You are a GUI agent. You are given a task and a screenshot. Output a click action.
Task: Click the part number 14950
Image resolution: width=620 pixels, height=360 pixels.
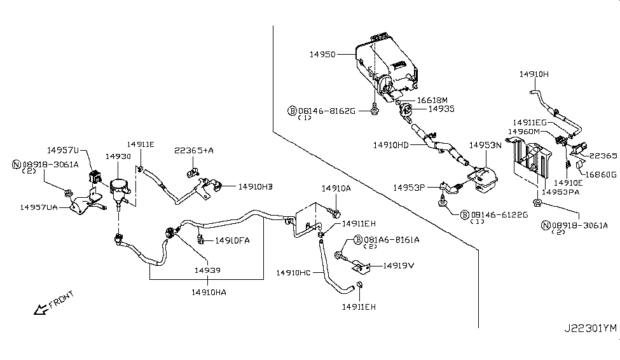coord(322,55)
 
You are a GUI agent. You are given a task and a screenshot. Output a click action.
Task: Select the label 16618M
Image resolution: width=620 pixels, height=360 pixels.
coord(432,100)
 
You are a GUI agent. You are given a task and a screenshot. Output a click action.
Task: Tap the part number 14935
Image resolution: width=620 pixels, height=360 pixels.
coord(441,109)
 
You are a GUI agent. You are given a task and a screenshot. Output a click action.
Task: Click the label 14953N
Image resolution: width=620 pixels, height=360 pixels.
coord(485,145)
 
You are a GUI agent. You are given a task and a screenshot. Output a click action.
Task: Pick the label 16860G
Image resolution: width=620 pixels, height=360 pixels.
coord(600,174)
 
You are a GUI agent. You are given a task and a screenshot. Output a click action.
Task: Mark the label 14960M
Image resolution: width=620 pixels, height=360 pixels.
coord(524,131)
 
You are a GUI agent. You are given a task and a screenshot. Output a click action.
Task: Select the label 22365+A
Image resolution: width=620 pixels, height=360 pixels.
coord(194,150)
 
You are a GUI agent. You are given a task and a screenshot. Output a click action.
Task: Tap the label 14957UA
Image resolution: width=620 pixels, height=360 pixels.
coord(39,207)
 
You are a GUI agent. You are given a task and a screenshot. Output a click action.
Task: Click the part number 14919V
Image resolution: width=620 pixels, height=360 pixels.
coord(399,265)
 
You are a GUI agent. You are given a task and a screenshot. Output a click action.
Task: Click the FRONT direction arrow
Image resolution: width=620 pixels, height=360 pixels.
coord(41,310)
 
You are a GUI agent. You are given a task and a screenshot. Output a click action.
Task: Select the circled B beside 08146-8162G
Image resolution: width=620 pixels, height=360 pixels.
coord(293,110)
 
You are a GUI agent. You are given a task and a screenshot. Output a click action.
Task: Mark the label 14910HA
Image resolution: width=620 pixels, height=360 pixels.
coord(209,292)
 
